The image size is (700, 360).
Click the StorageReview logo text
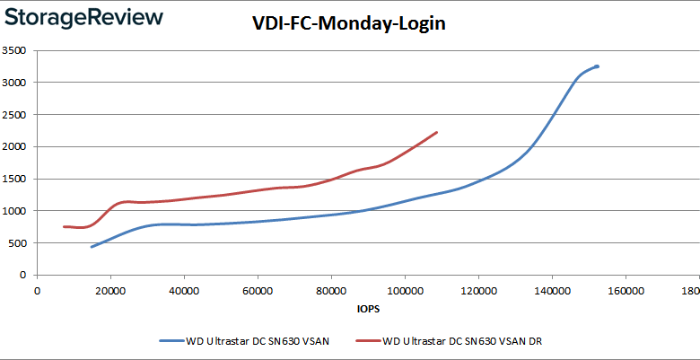[x=83, y=18]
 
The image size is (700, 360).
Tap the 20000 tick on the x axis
[x=110, y=291]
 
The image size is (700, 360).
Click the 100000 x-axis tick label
[x=404, y=291]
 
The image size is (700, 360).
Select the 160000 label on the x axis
[x=625, y=291]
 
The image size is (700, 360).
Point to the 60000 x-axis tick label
[x=258, y=291]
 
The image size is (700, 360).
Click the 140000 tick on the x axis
[x=551, y=291]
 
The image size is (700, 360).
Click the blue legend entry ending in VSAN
[x=242, y=341]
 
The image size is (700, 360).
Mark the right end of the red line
[x=436, y=133]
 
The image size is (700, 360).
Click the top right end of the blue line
[x=597, y=66]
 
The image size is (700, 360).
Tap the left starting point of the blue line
[x=92, y=246]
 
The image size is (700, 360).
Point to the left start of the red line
[x=64, y=226]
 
